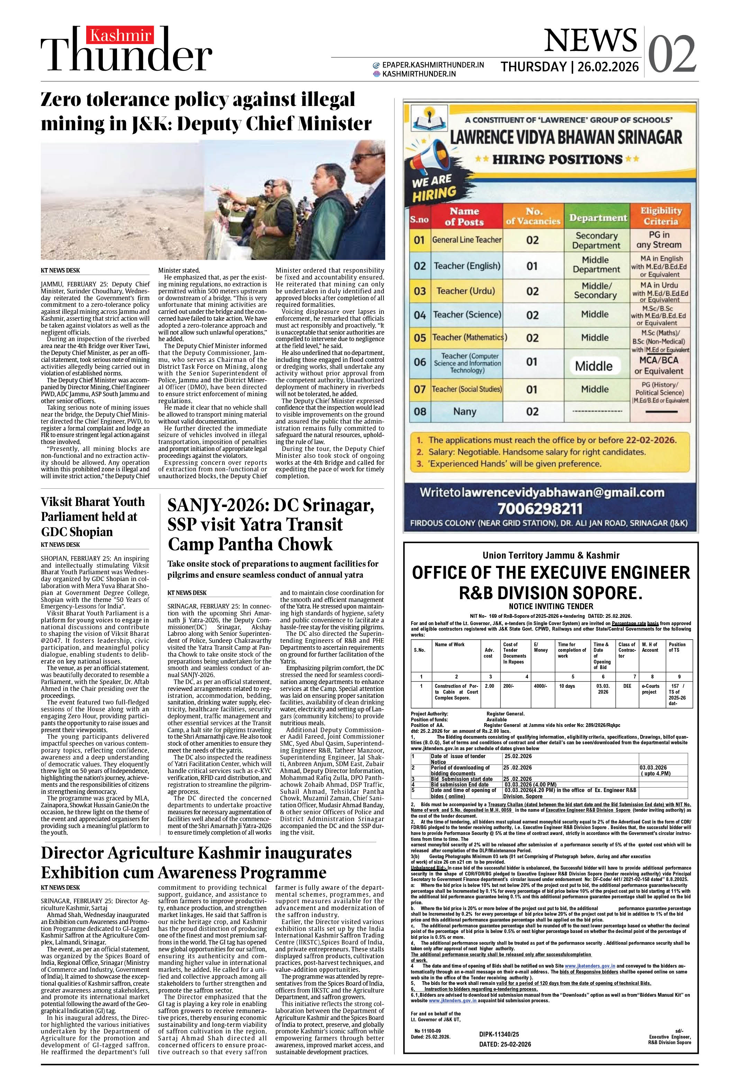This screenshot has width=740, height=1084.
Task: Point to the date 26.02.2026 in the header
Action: pos(608,67)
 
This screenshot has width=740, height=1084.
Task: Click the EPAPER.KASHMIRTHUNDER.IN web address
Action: pos(433,65)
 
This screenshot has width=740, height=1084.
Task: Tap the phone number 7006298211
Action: pos(540,508)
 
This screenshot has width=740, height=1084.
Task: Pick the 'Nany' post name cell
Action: pos(464,411)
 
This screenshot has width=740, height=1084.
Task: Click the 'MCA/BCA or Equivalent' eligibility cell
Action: pos(659,366)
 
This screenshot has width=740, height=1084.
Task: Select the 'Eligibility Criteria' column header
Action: pos(660,216)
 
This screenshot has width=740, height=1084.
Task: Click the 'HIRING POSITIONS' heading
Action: pos(557,160)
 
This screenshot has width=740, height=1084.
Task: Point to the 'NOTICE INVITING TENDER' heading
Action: pos(551,606)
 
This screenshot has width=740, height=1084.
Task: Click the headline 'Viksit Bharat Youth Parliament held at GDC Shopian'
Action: pos(93,516)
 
